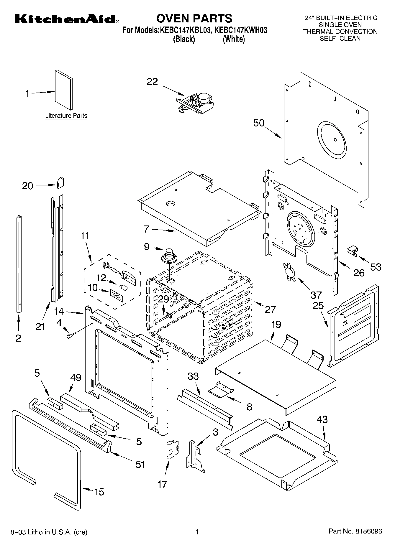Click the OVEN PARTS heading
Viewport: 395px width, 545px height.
[x=194, y=18]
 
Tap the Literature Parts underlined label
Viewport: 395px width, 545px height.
[x=66, y=116]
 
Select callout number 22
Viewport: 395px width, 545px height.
[x=152, y=82]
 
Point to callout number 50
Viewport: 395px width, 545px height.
[x=259, y=123]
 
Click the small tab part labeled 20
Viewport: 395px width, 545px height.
[x=60, y=182]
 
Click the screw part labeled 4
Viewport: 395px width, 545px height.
[x=71, y=335]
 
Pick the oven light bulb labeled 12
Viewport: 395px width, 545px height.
[x=124, y=286]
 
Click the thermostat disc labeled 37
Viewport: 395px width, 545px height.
[x=289, y=271]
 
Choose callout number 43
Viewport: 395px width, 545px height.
[x=322, y=419]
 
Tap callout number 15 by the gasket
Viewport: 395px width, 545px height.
[x=99, y=492]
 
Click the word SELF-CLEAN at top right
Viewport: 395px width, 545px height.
[x=340, y=38]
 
